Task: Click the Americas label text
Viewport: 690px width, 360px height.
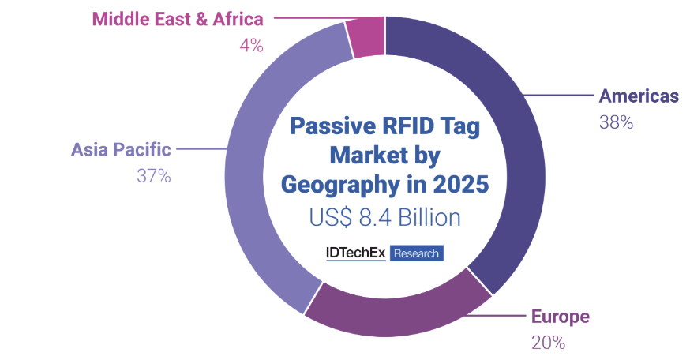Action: coord(639,96)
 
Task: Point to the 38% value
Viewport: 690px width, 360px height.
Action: coord(616,122)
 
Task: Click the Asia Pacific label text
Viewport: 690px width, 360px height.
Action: coord(121,150)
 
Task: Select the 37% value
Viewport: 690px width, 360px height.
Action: coord(154,176)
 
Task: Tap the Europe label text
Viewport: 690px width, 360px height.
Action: coord(561,317)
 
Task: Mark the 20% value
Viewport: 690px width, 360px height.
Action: coord(549,343)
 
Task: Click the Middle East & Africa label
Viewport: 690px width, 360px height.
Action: coord(178,19)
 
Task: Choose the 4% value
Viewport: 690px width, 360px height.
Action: coord(251,45)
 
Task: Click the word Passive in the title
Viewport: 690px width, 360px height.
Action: coord(333,126)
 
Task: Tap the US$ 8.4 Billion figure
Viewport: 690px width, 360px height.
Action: coord(385,217)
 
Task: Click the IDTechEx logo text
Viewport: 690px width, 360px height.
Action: coord(355,253)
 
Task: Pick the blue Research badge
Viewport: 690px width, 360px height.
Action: coord(416,253)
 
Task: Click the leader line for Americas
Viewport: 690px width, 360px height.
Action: coord(558,95)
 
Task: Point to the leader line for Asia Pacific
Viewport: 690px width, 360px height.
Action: coord(201,148)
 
